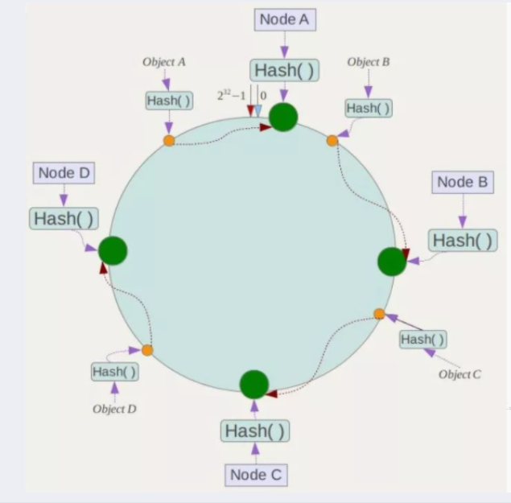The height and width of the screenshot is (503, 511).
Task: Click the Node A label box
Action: click(284, 20)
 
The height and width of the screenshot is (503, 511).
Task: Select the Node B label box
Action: click(462, 183)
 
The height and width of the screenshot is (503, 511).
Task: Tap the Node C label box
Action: click(256, 475)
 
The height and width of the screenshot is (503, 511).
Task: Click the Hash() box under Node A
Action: click(284, 71)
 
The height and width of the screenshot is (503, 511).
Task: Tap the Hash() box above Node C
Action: click(255, 431)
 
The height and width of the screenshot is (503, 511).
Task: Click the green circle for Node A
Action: click(283, 118)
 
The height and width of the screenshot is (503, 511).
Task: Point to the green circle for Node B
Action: click(392, 262)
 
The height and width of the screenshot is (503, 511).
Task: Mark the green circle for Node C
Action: click(253, 384)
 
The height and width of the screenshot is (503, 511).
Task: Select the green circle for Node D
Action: click(113, 251)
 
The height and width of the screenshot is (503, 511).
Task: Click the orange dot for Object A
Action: click(169, 141)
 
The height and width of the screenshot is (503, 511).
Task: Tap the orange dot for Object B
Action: click(332, 141)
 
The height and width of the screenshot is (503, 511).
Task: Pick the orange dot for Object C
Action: click(380, 314)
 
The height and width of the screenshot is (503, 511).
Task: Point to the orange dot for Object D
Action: click(147, 350)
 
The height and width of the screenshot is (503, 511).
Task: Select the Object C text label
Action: click(460, 374)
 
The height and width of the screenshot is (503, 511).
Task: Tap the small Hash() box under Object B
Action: click(369, 108)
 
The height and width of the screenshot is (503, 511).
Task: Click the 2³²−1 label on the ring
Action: click(231, 95)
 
